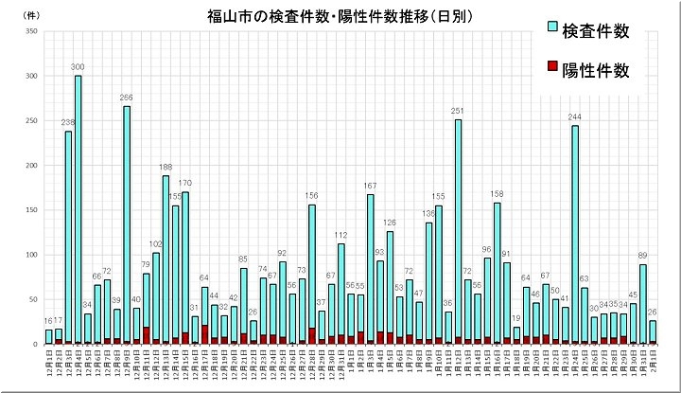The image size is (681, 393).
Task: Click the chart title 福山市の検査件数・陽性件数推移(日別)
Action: (x=340, y=17)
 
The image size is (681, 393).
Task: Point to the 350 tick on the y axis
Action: (x=31, y=32)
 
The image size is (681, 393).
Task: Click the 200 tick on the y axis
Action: (x=31, y=166)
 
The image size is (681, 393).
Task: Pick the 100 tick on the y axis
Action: (x=31, y=255)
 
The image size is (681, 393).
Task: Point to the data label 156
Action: (x=311, y=196)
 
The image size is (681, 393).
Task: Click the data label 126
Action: (x=389, y=223)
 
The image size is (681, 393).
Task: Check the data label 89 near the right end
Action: (x=643, y=256)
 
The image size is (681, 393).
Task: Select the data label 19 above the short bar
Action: (x=516, y=318)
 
